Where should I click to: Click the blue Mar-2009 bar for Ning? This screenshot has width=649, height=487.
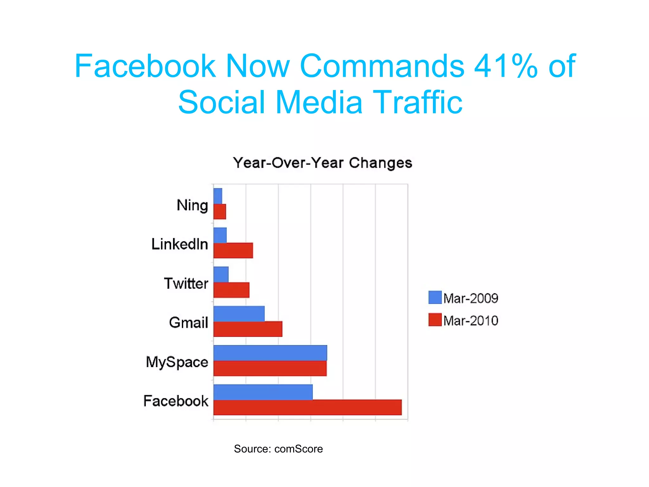(x=218, y=196)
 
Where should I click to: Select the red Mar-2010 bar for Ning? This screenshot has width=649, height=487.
(x=220, y=211)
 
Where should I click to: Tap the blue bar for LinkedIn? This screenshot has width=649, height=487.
(x=220, y=235)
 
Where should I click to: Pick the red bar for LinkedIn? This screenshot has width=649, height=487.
(x=233, y=250)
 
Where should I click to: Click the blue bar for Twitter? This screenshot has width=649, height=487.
(x=221, y=274)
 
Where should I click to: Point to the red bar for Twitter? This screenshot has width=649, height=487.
(x=231, y=290)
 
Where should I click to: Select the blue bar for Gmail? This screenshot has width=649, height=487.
(x=239, y=314)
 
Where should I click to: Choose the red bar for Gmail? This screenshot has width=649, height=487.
(x=248, y=329)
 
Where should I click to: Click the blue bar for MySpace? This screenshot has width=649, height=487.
(x=270, y=353)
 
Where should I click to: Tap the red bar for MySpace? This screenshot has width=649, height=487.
(x=270, y=368)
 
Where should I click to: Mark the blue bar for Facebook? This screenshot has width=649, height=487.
(x=263, y=392)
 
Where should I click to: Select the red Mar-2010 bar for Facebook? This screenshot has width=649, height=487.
(x=307, y=407)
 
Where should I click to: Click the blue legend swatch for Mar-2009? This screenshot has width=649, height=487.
(x=435, y=297)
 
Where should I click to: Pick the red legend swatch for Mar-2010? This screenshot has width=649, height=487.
(x=435, y=320)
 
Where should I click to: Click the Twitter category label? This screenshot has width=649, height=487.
(x=186, y=283)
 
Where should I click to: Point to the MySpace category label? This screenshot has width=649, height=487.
(x=177, y=362)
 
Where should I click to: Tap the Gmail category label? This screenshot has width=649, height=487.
(x=189, y=322)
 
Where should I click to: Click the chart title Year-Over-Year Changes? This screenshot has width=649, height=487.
(x=323, y=163)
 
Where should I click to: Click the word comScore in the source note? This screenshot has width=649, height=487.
(x=299, y=449)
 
